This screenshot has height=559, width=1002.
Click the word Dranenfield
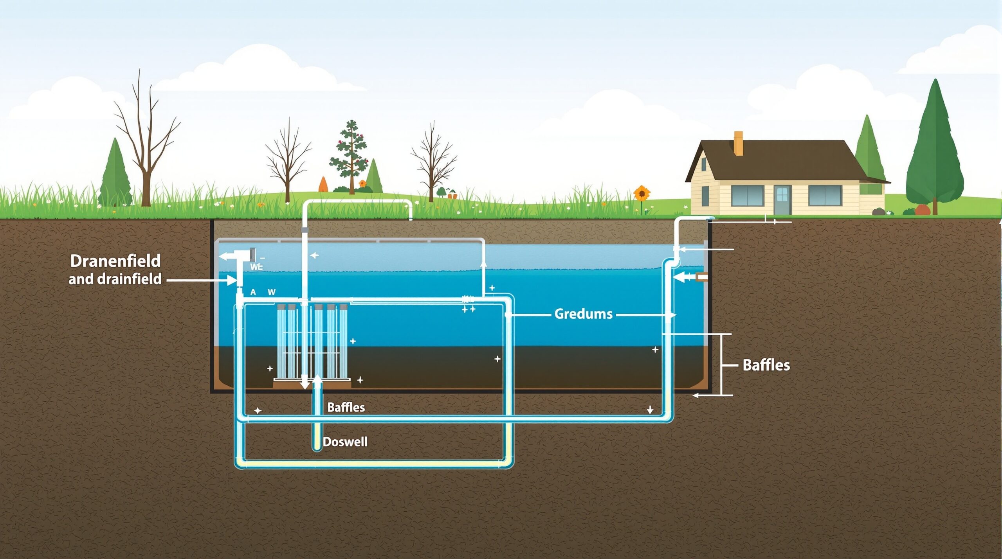[115, 261]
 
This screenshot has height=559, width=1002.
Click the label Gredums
[583, 314]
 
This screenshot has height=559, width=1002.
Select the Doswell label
[345, 442]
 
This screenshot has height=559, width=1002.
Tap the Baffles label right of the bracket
[766, 365]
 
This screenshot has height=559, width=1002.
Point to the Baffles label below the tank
[346, 407]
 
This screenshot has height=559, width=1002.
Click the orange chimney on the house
[738, 143]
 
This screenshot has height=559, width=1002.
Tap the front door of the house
[782, 200]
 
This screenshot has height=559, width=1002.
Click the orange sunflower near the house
[642, 193]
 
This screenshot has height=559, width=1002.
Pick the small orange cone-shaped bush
[323, 185]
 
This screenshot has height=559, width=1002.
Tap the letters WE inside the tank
[256, 267]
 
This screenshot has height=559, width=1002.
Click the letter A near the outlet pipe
[253, 292]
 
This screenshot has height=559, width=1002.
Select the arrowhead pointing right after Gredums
[672, 315]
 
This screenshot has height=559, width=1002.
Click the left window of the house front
[748, 196]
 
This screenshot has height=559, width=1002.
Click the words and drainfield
[115, 279]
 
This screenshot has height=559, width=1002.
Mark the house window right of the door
[825, 195]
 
